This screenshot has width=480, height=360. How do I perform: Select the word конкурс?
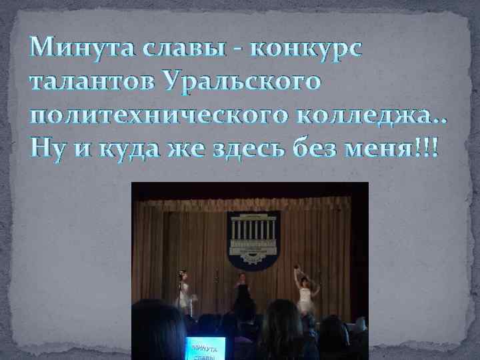click(x=306, y=49)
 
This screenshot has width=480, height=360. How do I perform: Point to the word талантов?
click(x=89, y=83)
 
